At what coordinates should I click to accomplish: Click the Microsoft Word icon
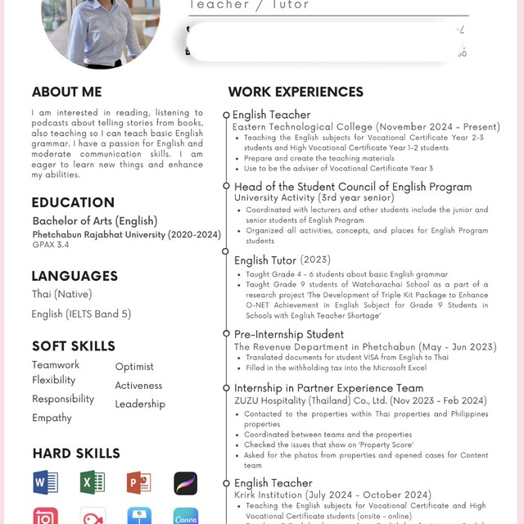coord(45,482)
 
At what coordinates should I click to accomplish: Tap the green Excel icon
coord(93,482)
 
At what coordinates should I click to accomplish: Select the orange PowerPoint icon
coord(138,482)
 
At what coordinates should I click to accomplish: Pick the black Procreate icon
coord(186,483)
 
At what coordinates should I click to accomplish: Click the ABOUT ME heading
coord(67,92)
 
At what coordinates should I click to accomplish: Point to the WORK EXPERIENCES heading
coord(296,92)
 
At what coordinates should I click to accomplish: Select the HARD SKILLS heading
coord(76,453)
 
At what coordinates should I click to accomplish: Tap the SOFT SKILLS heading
coord(74,346)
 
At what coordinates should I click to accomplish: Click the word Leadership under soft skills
coord(140,404)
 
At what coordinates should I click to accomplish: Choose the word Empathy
coord(52,418)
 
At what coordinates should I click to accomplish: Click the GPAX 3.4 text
coord(51,244)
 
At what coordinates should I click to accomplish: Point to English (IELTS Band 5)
coord(81,314)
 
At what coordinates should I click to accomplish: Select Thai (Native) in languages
coord(62,294)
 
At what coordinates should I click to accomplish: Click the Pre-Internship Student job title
coord(289,334)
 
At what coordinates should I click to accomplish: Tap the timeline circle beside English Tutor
coord(227,251)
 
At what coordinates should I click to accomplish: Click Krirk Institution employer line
coord(332,495)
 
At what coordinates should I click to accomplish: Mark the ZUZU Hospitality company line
coord(360,400)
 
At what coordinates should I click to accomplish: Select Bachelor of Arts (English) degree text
coord(95,220)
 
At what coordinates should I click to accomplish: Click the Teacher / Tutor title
coord(249,5)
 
